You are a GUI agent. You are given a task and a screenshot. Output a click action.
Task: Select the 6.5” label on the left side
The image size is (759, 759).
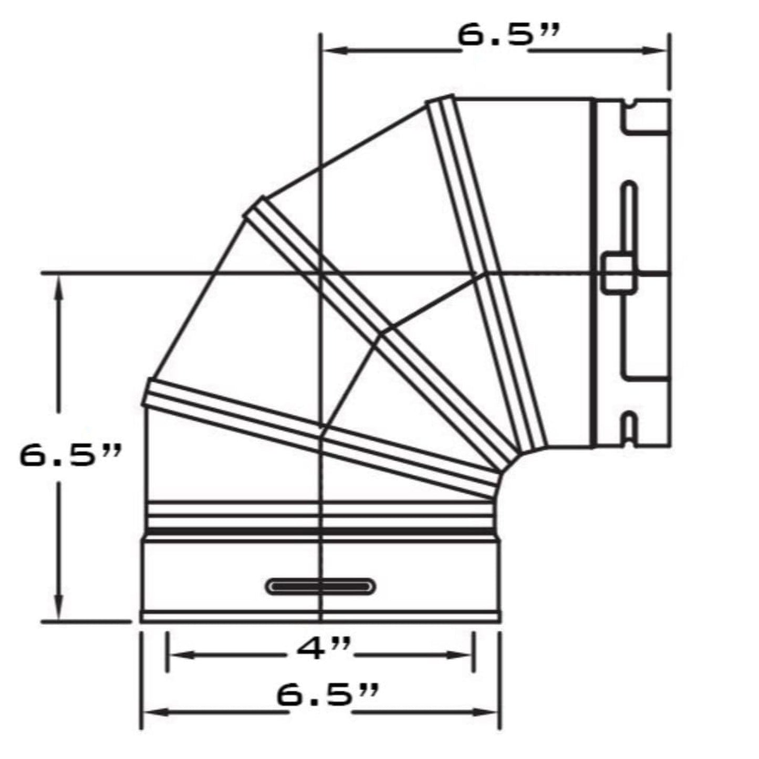pyautogui.click(x=71, y=455)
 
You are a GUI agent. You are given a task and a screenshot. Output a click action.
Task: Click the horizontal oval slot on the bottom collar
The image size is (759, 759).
pyautogui.click(x=321, y=586)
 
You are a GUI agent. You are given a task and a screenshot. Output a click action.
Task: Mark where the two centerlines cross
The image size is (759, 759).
pyautogui.click(x=321, y=273)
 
